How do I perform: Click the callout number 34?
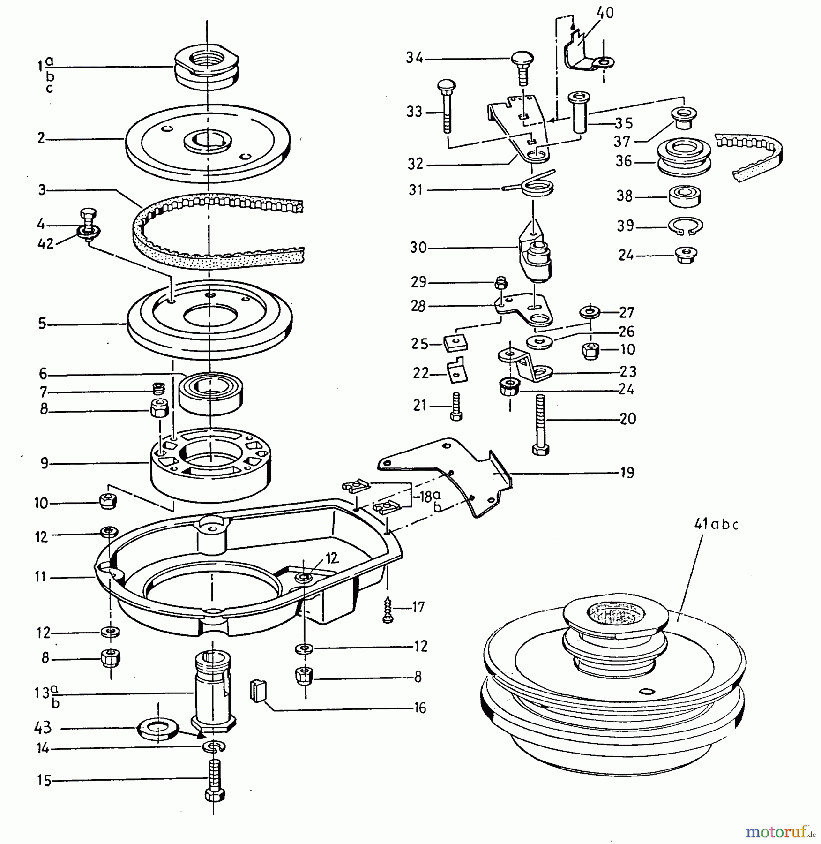point(414,58)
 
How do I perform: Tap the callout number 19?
point(627,473)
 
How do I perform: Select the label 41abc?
point(716,525)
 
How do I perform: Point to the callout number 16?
point(420,708)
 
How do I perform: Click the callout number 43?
point(43,728)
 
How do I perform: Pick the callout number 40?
point(605,13)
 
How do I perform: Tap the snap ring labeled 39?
point(685,226)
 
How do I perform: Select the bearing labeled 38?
point(684,196)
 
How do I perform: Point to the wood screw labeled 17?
point(388,609)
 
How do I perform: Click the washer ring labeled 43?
point(157,730)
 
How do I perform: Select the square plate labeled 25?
point(455,343)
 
